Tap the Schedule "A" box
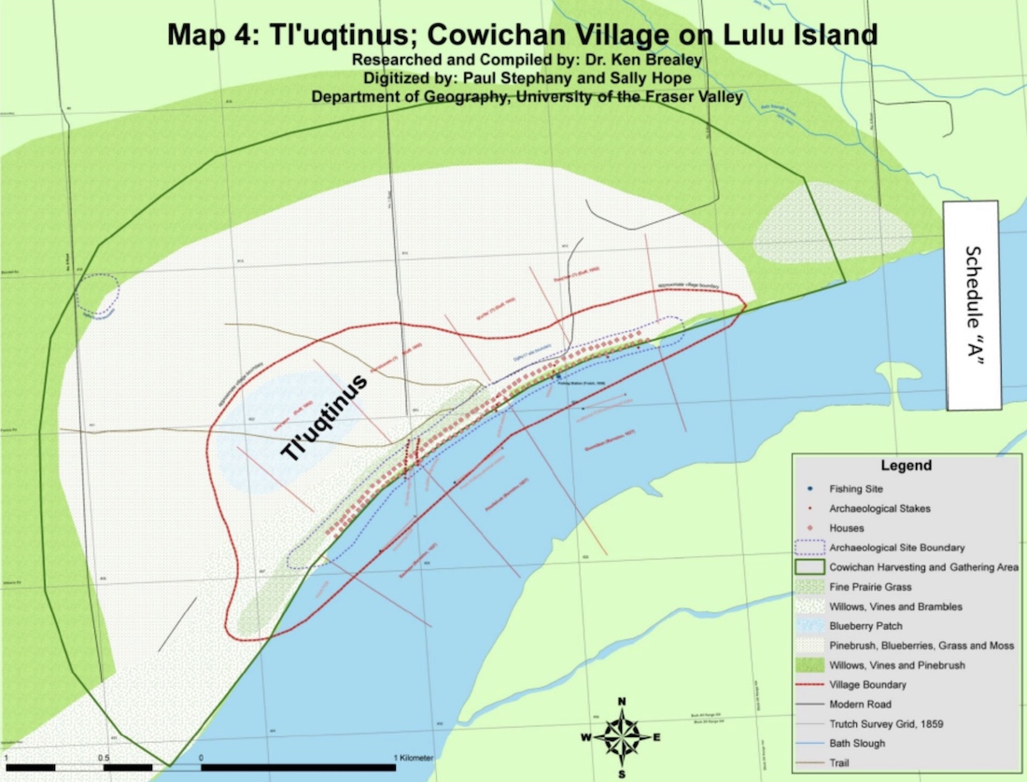(973, 305)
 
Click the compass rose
(622, 736)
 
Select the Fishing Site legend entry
(855, 488)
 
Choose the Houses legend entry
(846, 528)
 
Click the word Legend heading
(905, 465)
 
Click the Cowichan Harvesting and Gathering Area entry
(922, 566)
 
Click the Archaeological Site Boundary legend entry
(896, 547)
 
